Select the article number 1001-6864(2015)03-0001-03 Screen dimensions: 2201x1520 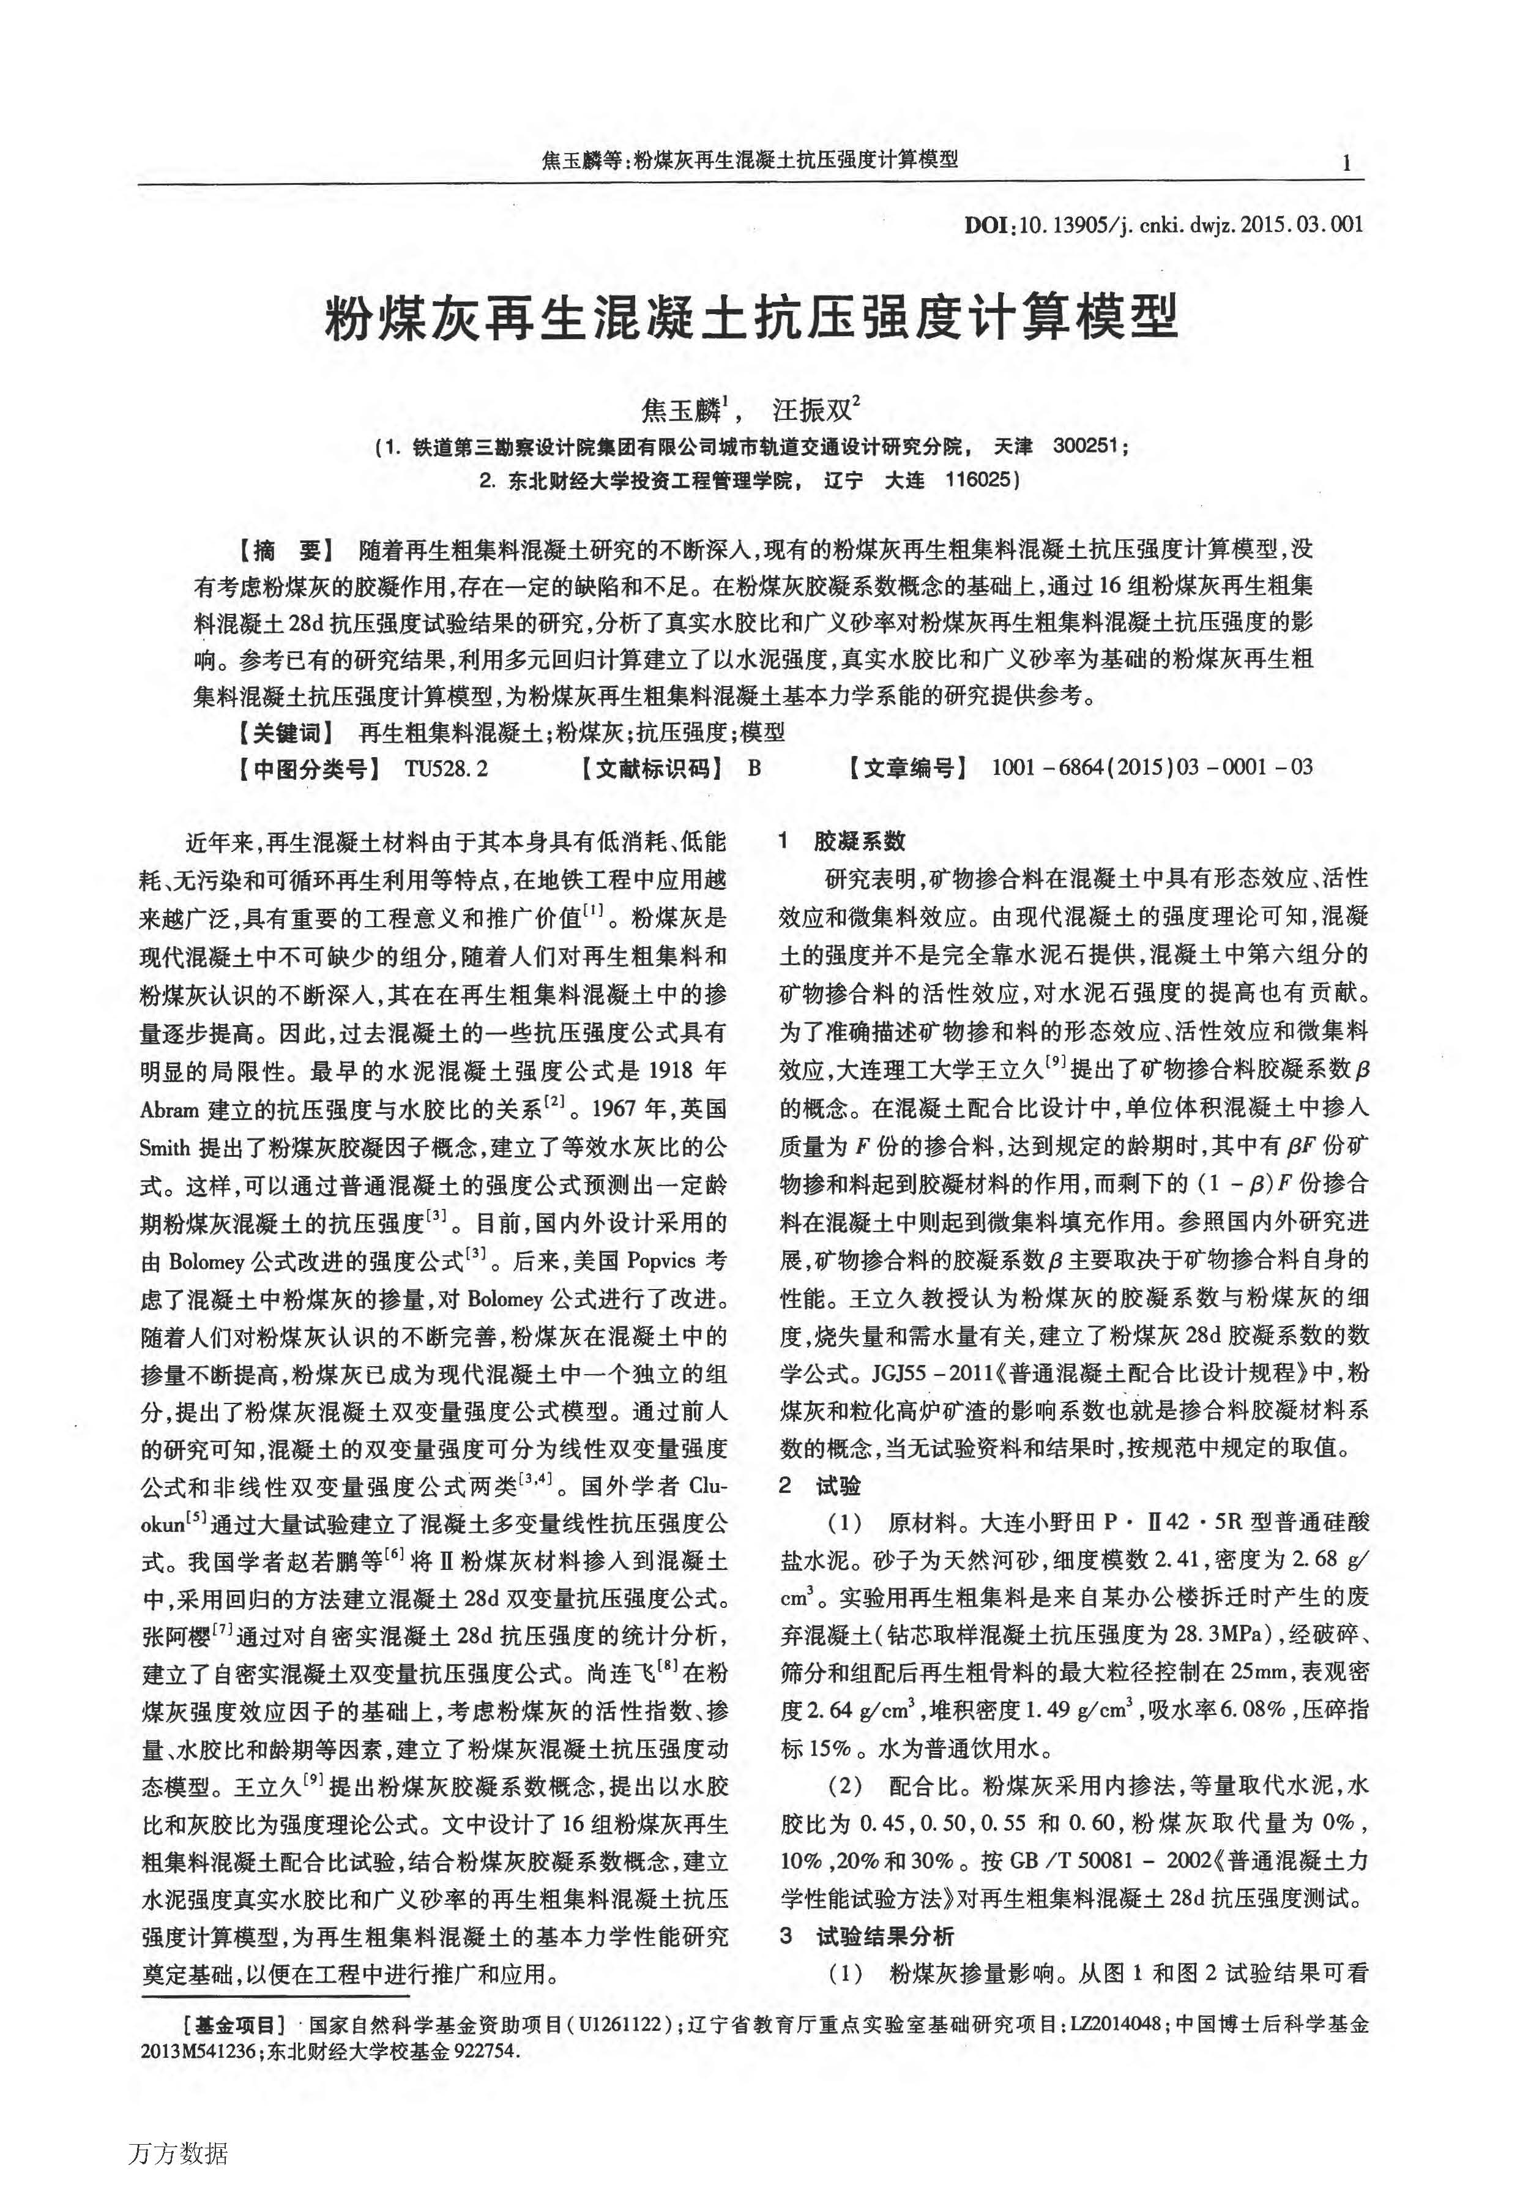pos(1152,768)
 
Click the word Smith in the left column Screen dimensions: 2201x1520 pos(165,1148)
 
